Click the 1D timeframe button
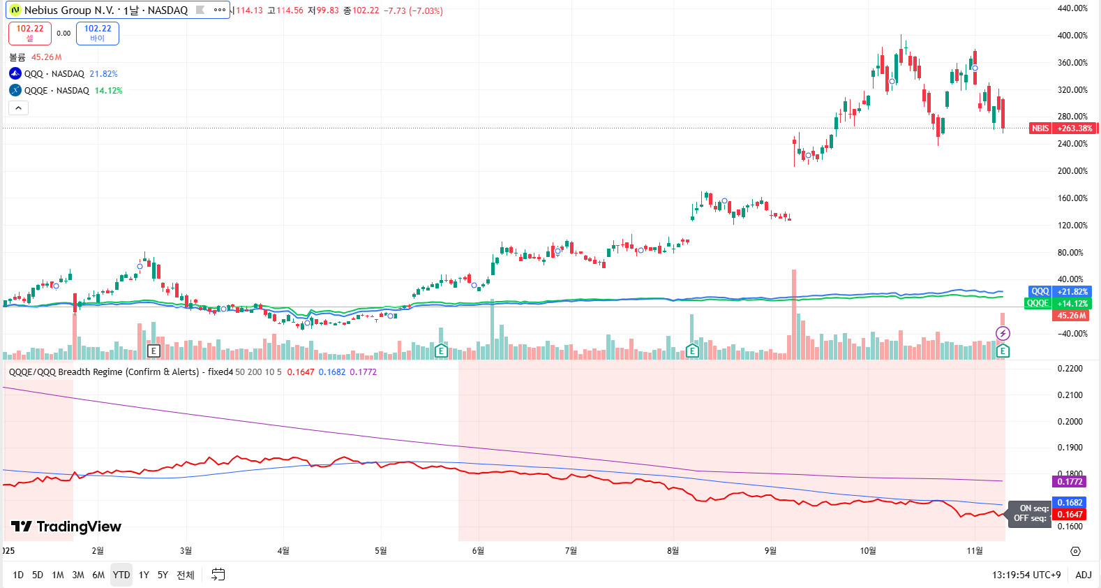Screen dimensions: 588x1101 pyautogui.click(x=18, y=575)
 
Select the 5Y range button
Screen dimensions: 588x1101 pyautogui.click(x=163, y=575)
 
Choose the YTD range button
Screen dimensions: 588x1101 pyautogui.click(x=121, y=575)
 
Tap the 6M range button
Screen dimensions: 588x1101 pyautogui.click(x=98, y=575)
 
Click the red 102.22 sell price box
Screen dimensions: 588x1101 pyautogui.click(x=30, y=33)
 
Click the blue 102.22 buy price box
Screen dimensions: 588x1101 pyautogui.click(x=98, y=33)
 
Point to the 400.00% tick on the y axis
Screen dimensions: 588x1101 pyautogui.click(x=1072, y=36)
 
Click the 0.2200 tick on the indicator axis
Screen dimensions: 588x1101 pyautogui.click(x=1070, y=369)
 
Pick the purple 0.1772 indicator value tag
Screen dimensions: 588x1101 pyautogui.click(x=1070, y=482)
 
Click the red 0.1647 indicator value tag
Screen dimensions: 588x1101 pyautogui.click(x=1070, y=515)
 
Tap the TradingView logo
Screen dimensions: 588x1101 pyautogui.click(x=66, y=527)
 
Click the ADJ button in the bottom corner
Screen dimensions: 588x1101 pyautogui.click(x=1083, y=575)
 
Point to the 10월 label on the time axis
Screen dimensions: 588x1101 pyautogui.click(x=867, y=551)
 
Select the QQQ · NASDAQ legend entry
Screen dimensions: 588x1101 pyautogui.click(x=54, y=74)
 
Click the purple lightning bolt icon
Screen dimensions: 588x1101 pyautogui.click(x=1003, y=333)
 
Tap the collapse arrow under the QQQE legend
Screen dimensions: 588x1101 pyautogui.click(x=18, y=108)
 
